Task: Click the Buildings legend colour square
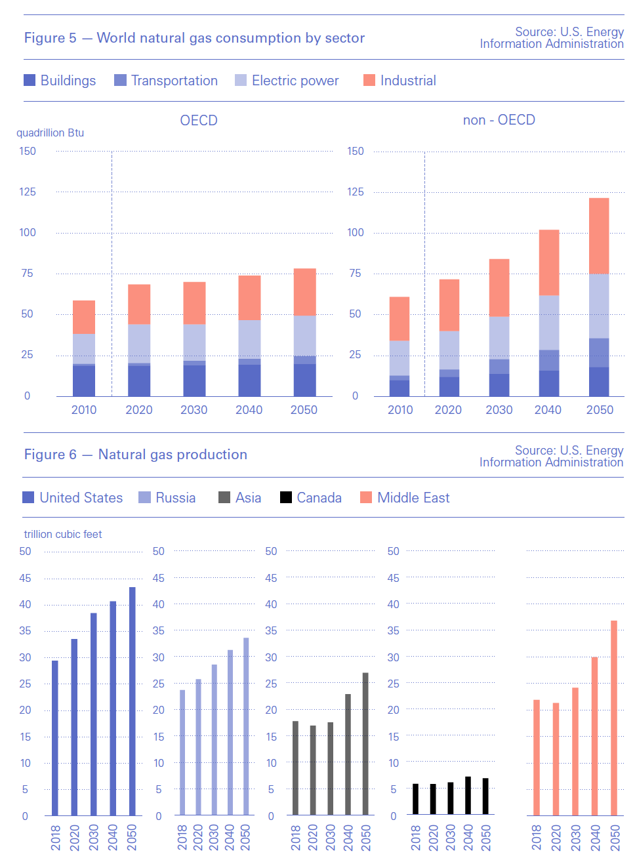point(30,80)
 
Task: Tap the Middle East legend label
point(413,498)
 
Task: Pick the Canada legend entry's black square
point(286,497)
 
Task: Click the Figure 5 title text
point(194,38)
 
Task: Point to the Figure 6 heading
point(136,455)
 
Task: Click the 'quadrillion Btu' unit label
point(51,133)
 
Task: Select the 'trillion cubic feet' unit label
point(63,534)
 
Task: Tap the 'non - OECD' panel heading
point(499,120)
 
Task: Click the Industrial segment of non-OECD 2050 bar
point(599,236)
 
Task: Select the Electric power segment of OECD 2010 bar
point(84,348)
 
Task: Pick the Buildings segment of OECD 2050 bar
point(304,380)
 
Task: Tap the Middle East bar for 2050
point(614,718)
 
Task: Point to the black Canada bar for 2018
point(415,799)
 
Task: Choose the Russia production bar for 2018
point(182,752)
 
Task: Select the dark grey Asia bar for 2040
point(348,754)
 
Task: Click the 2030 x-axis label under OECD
point(194,410)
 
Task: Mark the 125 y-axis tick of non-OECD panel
point(356,192)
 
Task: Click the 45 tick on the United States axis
point(25,578)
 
